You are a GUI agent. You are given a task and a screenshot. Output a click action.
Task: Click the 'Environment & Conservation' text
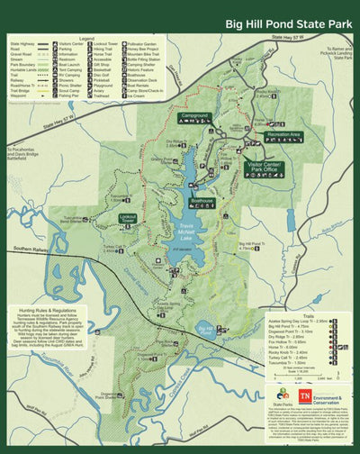pos(328,397)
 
